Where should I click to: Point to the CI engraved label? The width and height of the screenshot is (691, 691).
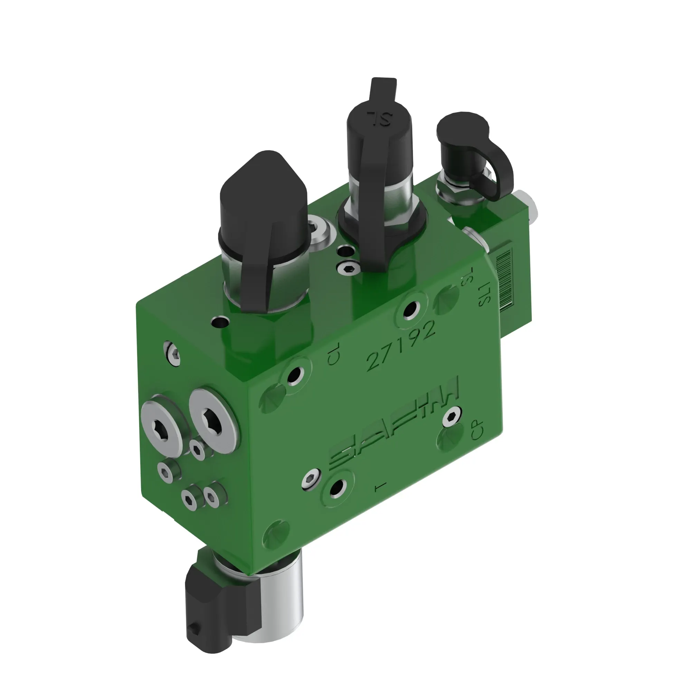pyautogui.click(x=333, y=357)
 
